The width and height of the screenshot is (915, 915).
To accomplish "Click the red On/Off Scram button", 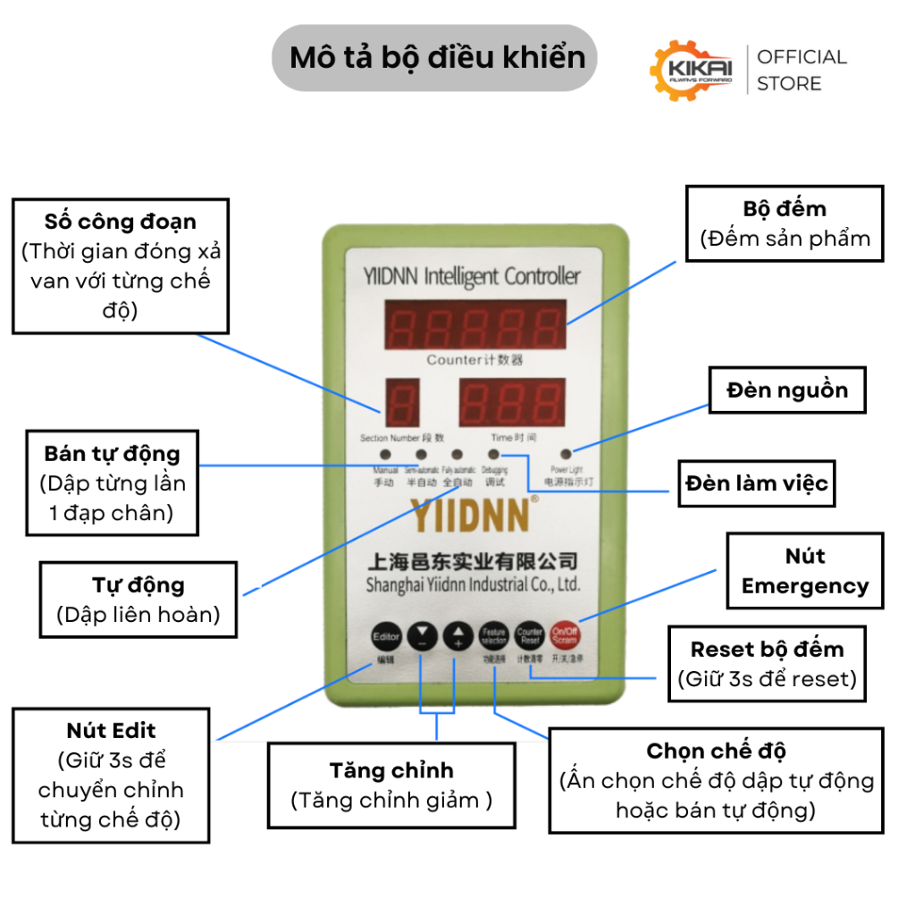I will point(565,636).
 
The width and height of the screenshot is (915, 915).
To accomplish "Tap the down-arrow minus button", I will point(423,637).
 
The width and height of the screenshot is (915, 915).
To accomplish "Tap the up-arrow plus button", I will point(457,636).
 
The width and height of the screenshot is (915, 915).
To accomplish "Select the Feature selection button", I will point(494,636).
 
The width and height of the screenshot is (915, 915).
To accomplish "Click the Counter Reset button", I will point(530,636).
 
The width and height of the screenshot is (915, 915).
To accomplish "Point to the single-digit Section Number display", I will point(401,402).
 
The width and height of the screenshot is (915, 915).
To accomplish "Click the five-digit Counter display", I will point(475,323).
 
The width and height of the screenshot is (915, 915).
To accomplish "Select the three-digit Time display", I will point(513,402).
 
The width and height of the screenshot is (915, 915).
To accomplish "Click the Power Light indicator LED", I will point(567,455).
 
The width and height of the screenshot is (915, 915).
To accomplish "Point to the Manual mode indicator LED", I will point(385,455).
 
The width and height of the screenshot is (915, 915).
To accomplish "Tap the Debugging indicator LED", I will point(493,455).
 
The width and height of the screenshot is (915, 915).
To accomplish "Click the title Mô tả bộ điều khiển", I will point(438,58).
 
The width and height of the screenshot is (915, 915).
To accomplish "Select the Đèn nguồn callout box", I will point(787,390).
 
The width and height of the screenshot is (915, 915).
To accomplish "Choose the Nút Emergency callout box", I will point(804,570).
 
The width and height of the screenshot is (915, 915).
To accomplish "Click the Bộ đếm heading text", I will point(785,209).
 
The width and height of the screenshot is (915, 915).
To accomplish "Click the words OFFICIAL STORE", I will point(802,70).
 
